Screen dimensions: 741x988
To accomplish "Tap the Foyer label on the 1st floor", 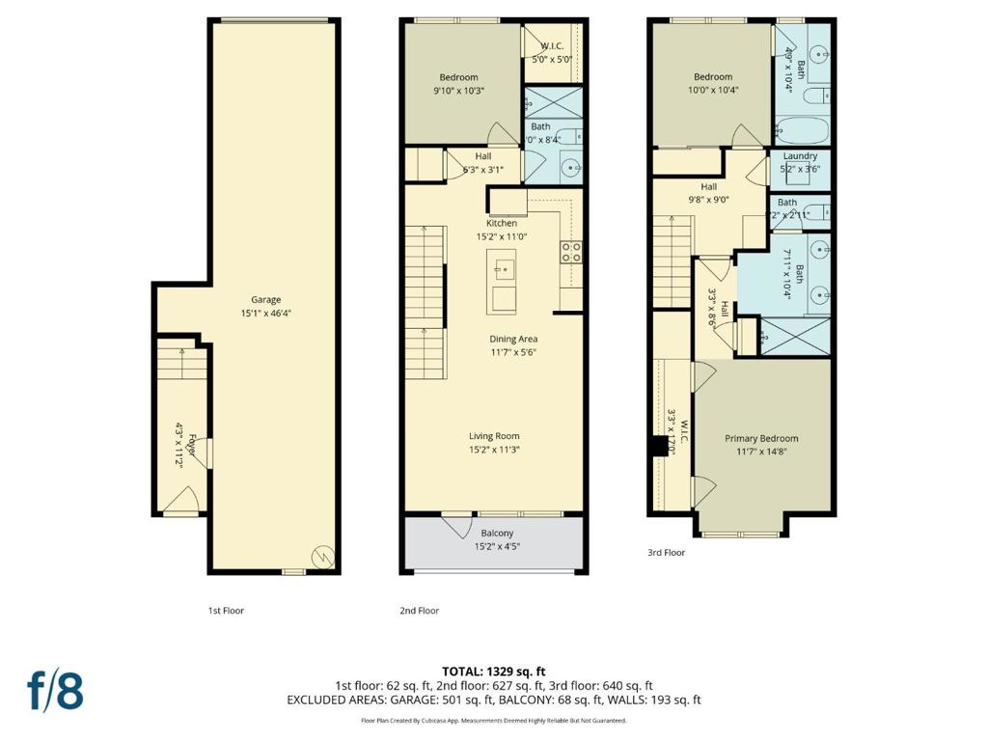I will (193, 450).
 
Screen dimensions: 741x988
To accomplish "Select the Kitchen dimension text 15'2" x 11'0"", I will (503, 236).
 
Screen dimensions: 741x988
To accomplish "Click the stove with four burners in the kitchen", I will (570, 252).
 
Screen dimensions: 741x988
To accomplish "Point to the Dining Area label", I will (512, 339).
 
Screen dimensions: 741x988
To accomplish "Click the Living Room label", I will (494, 436).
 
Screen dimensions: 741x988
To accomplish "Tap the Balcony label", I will (497, 533).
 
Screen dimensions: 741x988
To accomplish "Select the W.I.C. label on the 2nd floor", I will (552, 45).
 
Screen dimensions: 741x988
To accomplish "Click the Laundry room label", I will (800, 156).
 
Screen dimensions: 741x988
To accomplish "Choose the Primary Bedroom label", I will (761, 438).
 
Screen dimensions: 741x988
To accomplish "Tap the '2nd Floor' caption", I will (419, 610).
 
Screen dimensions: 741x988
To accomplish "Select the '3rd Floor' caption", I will (666, 553).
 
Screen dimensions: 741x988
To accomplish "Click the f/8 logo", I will (55, 691).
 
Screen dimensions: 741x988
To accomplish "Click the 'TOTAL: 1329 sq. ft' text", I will (493, 671).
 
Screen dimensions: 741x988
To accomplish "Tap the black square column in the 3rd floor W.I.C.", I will (661, 446).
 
